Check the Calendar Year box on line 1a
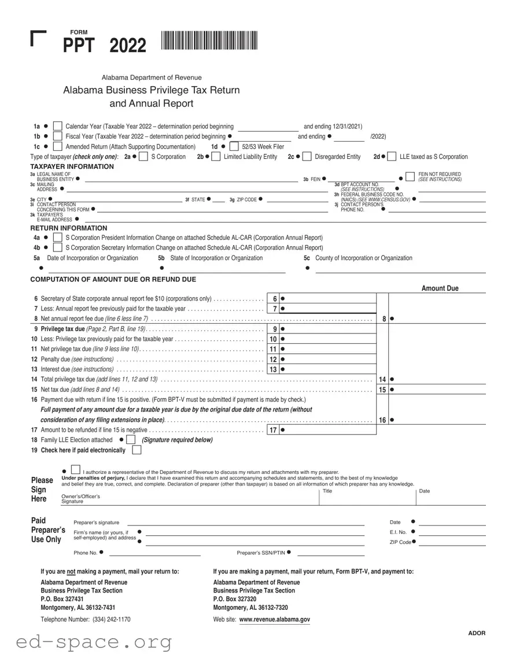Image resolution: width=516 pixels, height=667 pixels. [57, 127]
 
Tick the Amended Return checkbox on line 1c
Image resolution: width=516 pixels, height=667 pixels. [57, 147]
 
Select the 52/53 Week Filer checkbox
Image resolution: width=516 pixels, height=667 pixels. [234, 147]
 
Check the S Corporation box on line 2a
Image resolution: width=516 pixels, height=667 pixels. [143, 157]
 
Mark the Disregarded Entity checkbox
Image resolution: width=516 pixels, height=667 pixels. [307, 157]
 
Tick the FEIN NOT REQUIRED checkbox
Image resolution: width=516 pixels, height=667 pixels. [410, 176]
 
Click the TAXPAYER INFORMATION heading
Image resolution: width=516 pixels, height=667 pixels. [72, 166]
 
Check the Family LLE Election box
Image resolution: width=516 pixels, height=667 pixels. [131, 440]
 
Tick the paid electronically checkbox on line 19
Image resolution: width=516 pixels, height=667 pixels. [137, 450]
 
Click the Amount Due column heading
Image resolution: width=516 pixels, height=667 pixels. [440, 288]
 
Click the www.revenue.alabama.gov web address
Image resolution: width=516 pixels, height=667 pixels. [274, 619]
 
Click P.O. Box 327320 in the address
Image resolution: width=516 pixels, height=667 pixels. [234, 599]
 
